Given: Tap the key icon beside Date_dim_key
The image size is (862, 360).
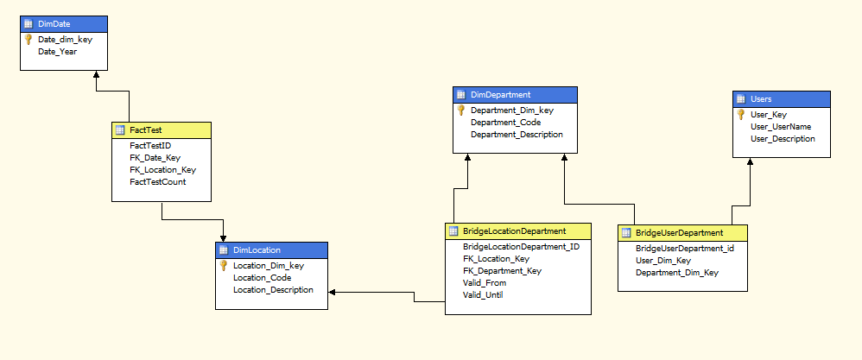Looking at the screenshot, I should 28,40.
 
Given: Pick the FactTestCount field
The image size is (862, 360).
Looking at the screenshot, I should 157,182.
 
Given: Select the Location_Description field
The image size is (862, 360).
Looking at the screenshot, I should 273,290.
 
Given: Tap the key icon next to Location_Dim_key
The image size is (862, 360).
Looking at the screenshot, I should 223,266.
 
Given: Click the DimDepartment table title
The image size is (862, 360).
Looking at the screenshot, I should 499,95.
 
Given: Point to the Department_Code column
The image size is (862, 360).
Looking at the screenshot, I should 505,123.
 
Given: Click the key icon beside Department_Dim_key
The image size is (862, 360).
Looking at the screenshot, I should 460,111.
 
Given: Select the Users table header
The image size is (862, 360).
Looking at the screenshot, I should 761,99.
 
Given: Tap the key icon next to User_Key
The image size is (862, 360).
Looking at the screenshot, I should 740,114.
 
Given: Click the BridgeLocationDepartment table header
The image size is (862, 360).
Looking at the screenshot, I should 514,231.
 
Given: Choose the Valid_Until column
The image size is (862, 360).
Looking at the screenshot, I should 483,295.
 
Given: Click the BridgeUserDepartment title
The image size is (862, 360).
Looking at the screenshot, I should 679,233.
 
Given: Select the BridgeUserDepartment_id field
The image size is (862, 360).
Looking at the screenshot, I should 685,249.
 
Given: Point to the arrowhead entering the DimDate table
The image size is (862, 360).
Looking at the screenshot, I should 96,75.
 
